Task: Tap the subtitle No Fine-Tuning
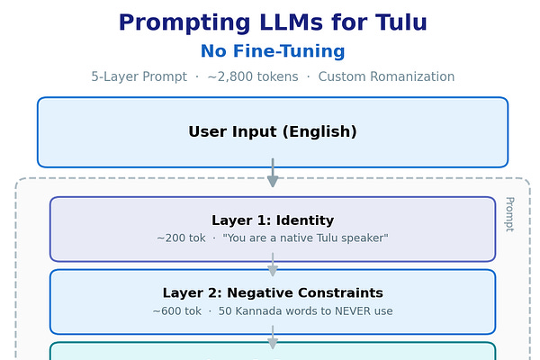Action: (273, 51)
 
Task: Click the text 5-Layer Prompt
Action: (139, 76)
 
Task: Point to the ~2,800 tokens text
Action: (253, 76)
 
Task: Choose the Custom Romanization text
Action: (386, 76)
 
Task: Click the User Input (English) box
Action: (273, 132)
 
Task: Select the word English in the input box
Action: (318, 132)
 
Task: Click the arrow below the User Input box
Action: (273, 174)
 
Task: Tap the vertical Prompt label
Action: (508, 214)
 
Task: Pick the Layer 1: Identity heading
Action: (273, 220)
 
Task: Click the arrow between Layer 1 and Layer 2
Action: (273, 265)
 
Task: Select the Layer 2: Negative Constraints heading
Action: (273, 293)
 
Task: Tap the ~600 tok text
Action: (177, 311)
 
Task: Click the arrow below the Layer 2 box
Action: (273, 339)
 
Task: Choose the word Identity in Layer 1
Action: (305, 220)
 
